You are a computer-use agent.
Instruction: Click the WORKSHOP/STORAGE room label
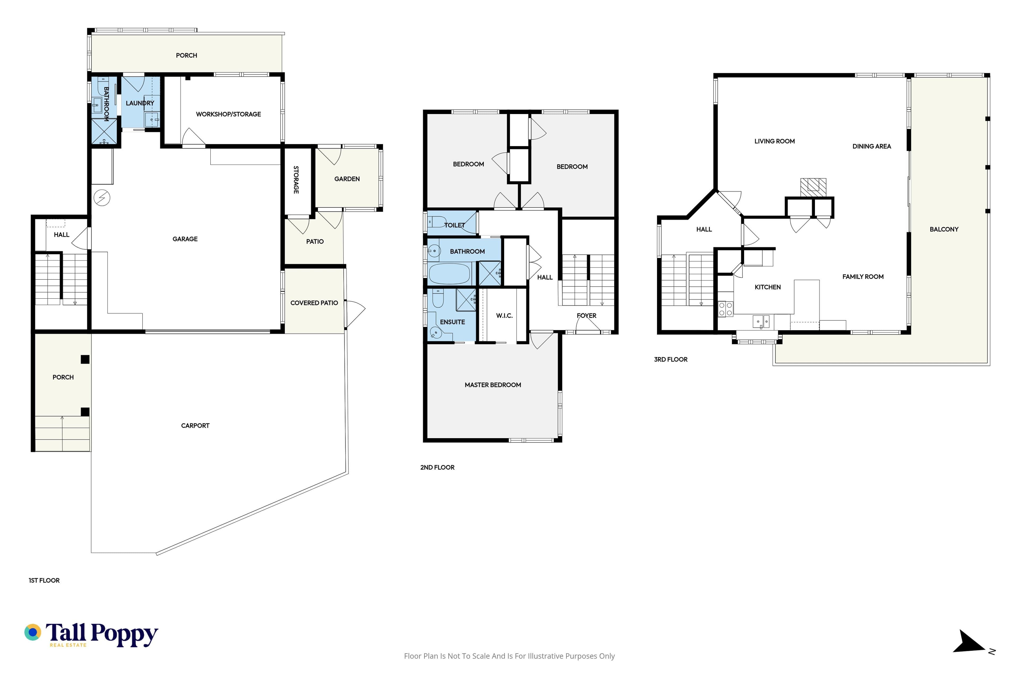pos(228,114)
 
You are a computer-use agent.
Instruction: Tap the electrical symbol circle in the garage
pos(102,198)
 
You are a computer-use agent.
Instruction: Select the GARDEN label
pos(347,179)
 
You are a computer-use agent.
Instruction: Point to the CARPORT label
pos(195,426)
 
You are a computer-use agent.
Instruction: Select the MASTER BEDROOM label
pos(493,385)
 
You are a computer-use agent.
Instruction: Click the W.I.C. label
pos(504,316)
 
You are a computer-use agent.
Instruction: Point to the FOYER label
pos(587,316)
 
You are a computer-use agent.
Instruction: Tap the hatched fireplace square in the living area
pos(813,185)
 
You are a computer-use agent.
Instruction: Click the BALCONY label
pos(944,229)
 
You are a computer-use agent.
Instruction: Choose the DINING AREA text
pos(872,146)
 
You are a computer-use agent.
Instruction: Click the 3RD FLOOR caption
pos(671,359)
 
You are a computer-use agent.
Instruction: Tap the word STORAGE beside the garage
pos(296,180)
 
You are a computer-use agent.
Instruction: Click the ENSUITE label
pos(452,322)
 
